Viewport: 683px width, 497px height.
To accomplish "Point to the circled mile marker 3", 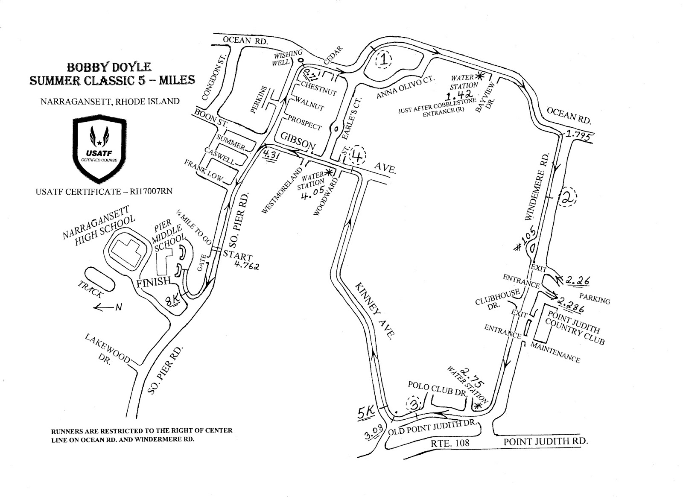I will click(413, 403).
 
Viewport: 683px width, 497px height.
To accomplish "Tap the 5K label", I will click(365, 412).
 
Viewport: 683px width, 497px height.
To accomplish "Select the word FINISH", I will click(153, 282).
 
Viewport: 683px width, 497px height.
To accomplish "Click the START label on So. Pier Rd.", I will click(237, 256).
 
